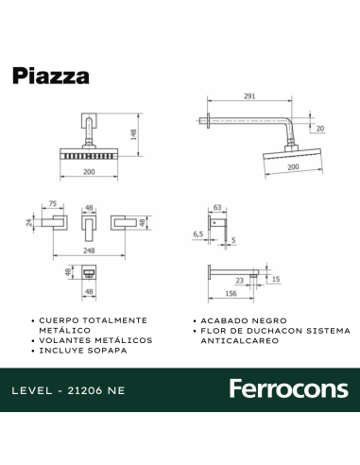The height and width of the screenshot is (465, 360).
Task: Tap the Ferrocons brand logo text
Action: coord(288,389)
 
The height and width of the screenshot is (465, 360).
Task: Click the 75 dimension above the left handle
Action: coord(53,202)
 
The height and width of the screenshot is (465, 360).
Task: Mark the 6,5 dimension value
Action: coord(199,232)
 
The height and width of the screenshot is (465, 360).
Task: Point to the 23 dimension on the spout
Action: coord(241,279)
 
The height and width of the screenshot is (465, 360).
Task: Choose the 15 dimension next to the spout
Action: coord(276,279)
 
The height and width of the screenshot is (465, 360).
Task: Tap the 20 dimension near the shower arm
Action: coord(320,128)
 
